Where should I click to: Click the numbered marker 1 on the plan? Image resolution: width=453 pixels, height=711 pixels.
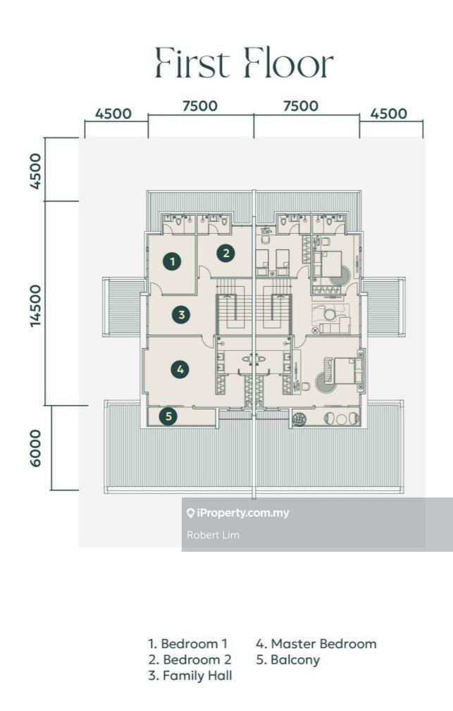[173, 261]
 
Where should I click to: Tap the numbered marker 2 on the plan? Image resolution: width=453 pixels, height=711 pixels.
[226, 253]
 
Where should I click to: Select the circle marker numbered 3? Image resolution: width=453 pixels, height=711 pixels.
[181, 314]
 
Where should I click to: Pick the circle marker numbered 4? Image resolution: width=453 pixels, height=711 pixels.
[180, 369]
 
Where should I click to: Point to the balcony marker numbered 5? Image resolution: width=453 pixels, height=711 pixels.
[168, 416]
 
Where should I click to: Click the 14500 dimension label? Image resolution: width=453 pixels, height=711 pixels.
[36, 306]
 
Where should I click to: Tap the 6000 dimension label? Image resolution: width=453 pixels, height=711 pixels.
[36, 448]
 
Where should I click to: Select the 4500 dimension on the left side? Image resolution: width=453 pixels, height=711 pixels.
[36, 171]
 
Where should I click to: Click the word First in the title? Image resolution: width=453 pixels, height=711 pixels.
[192, 63]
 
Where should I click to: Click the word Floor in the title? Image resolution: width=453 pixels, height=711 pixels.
[288, 63]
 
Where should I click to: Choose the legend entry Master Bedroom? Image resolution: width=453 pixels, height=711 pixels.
[316, 643]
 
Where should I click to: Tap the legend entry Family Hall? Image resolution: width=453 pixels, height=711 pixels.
[190, 676]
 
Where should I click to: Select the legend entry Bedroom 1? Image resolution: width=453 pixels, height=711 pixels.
[187, 643]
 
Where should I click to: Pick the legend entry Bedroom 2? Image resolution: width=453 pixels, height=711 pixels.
[190, 660]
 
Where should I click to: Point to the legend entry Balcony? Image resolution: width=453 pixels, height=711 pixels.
[288, 660]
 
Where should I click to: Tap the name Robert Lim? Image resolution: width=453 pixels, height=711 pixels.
[213, 535]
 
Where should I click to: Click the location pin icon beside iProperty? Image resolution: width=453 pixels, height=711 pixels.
[190, 513]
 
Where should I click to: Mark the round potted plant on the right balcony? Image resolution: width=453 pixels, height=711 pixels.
[299, 419]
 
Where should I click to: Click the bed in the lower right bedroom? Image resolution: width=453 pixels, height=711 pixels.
[345, 371]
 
